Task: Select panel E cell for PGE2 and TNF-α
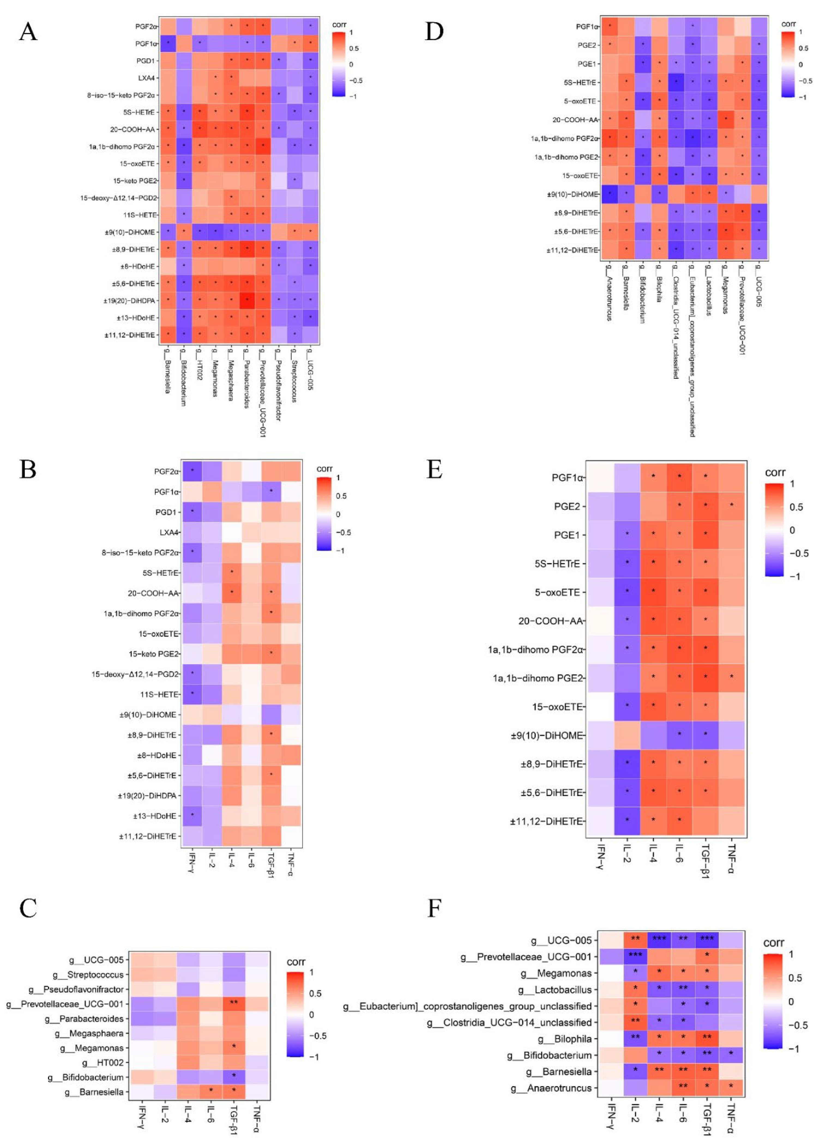[x=731, y=506]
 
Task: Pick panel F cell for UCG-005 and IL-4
[x=659, y=940]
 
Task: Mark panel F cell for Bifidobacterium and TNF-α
[x=731, y=1055]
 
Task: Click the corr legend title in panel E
[x=775, y=472]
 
